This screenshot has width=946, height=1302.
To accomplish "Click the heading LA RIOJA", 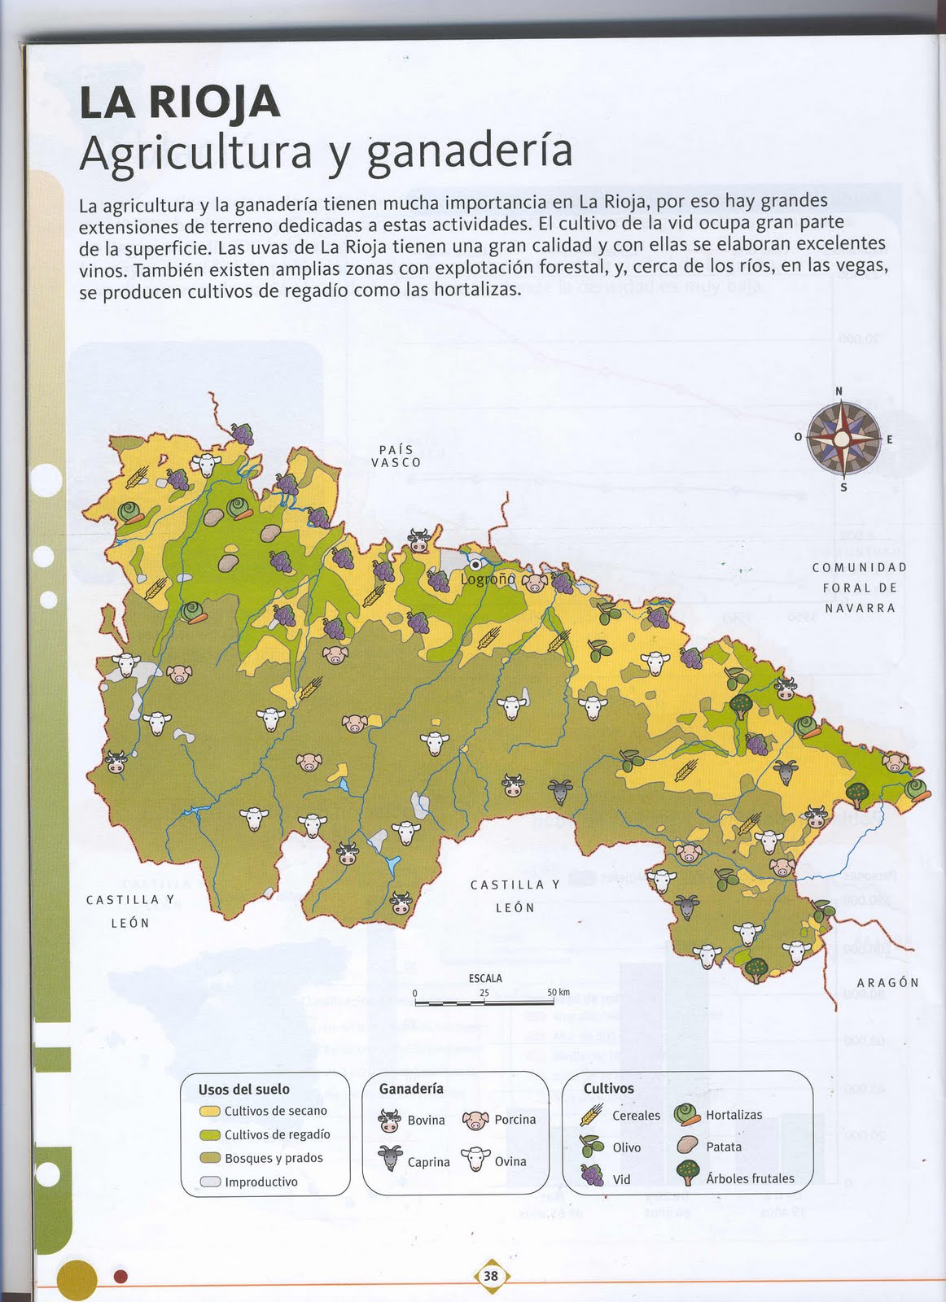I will (x=180, y=103).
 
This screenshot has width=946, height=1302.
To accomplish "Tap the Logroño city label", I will (x=488, y=579).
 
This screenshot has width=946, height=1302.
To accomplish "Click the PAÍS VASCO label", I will (x=396, y=457).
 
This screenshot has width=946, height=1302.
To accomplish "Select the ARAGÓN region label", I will (x=887, y=983).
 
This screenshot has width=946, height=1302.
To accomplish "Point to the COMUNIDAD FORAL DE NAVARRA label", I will (x=859, y=588).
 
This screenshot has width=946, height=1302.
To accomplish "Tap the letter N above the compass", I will (x=839, y=391).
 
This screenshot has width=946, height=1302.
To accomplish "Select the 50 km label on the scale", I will (x=558, y=993).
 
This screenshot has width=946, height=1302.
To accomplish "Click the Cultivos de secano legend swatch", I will (x=210, y=1112).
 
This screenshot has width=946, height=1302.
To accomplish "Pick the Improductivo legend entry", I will (x=261, y=1182).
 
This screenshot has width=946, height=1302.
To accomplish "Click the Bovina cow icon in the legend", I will (x=390, y=1121).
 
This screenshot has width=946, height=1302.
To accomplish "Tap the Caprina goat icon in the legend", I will (x=390, y=1158).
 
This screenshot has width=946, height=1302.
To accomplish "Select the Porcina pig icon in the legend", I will (x=475, y=1121).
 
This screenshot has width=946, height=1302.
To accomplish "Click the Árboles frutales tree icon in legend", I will (x=688, y=1173).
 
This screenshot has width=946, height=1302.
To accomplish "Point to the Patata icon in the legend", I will (x=688, y=1145).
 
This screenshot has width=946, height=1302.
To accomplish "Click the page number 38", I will (x=491, y=1276).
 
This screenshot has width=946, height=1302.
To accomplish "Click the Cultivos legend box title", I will (x=608, y=1089).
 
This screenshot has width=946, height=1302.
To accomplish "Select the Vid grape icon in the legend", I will (x=592, y=1175).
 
